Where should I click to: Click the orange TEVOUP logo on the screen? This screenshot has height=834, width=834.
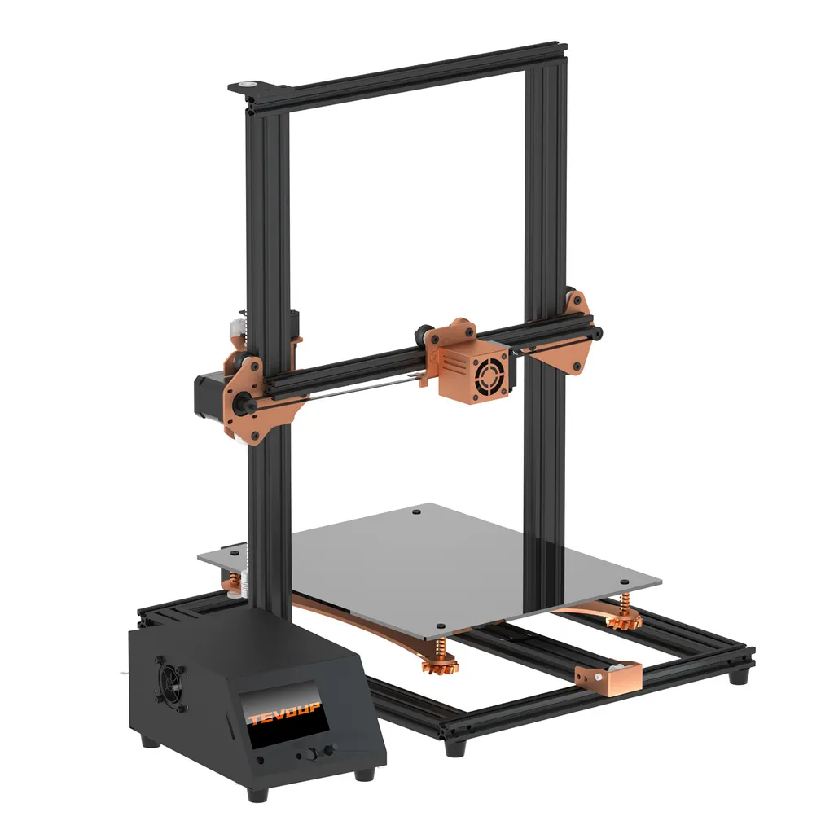(x=283, y=717)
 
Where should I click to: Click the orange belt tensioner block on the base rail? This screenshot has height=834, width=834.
(x=607, y=675)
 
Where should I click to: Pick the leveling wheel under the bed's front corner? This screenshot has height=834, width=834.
(x=441, y=664)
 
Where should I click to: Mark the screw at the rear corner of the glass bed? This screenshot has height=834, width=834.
(x=416, y=513)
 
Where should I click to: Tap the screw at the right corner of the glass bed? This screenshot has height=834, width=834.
(x=624, y=582)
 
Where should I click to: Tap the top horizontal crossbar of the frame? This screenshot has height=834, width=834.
(x=407, y=77)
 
